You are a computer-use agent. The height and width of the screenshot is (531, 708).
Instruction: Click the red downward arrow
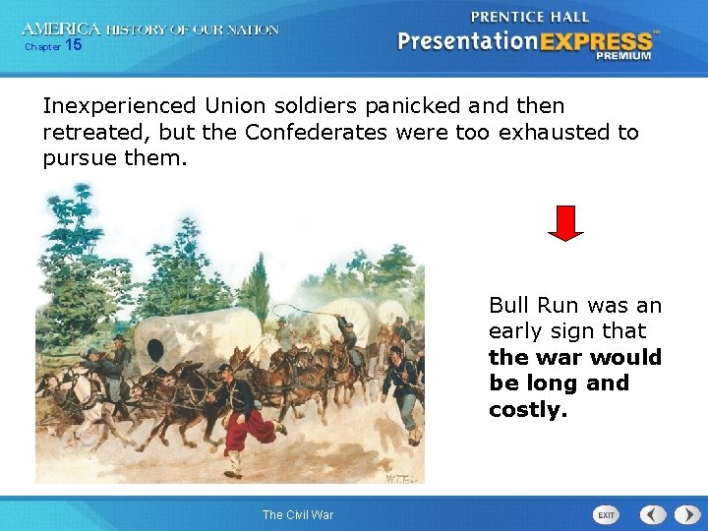565,223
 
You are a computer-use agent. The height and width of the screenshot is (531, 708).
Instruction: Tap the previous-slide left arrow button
653,514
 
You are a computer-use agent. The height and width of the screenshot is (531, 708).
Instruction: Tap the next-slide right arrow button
682,514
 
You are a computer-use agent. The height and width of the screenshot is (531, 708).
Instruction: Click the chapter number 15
74,45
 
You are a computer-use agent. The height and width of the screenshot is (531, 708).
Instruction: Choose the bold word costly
528,409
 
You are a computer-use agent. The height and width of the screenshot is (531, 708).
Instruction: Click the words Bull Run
532,306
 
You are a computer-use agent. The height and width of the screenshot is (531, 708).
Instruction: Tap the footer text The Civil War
298,515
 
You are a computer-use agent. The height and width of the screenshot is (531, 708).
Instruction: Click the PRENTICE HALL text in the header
530,17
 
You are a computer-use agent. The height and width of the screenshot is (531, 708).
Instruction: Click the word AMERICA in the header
61,29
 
